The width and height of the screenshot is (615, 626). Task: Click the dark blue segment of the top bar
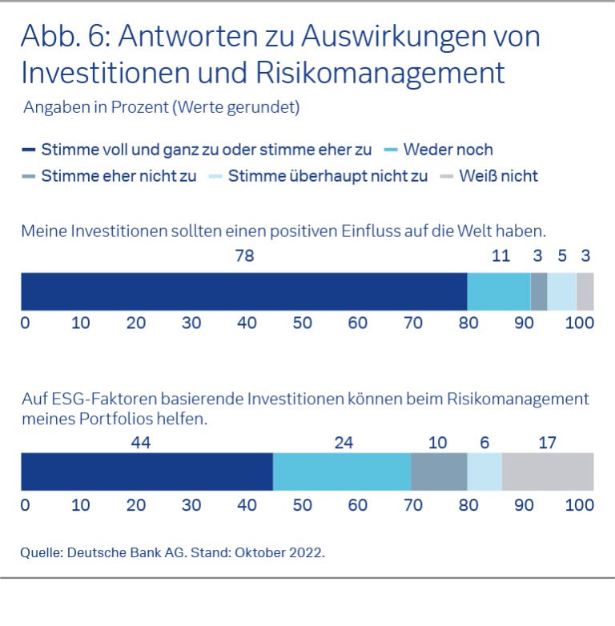point(243,291)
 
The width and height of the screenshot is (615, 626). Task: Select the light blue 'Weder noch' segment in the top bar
point(498,291)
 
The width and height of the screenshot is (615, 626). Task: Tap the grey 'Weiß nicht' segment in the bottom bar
point(547,471)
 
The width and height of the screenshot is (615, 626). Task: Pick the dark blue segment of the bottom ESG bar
point(147,471)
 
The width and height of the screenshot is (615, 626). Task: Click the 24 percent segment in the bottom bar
point(342,471)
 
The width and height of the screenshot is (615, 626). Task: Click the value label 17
point(548,443)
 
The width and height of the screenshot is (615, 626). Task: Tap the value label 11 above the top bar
point(500,256)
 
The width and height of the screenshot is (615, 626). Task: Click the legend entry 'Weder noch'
point(448,150)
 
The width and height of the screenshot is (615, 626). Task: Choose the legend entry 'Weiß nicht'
point(498,176)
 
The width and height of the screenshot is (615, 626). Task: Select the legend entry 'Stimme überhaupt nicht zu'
point(328,176)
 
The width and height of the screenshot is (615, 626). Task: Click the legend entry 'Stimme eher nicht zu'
point(119,176)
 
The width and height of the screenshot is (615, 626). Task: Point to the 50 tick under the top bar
point(302,323)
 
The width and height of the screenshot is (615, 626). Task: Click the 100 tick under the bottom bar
point(579,505)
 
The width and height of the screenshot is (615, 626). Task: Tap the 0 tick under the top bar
point(25,323)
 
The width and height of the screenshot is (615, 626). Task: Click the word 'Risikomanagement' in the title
point(380,72)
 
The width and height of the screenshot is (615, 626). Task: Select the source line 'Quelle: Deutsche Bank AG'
point(173,552)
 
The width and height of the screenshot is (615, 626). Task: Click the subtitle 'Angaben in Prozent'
point(96,107)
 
